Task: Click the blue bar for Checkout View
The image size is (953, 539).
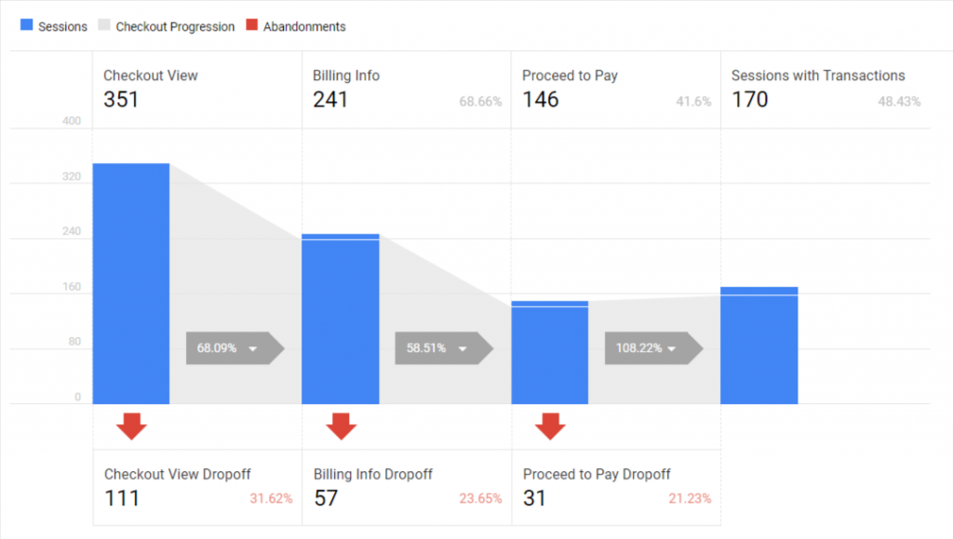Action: (x=130, y=283)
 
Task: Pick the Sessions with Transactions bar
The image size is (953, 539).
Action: (x=759, y=345)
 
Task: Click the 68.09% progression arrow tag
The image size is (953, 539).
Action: (x=234, y=348)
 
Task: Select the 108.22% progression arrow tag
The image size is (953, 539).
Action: (x=652, y=348)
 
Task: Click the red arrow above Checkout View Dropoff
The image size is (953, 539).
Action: (x=131, y=425)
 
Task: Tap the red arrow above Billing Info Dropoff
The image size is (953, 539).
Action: (x=342, y=425)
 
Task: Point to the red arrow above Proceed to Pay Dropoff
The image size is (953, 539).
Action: (x=551, y=425)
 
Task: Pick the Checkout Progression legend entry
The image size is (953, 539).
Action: (x=167, y=27)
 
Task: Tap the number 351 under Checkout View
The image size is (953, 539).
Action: (x=121, y=100)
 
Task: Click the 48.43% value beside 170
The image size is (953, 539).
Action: (x=899, y=101)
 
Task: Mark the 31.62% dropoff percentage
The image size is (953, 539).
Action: (x=271, y=499)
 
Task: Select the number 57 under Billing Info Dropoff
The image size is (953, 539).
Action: (x=325, y=498)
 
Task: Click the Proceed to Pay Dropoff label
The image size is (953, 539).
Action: (x=597, y=475)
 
